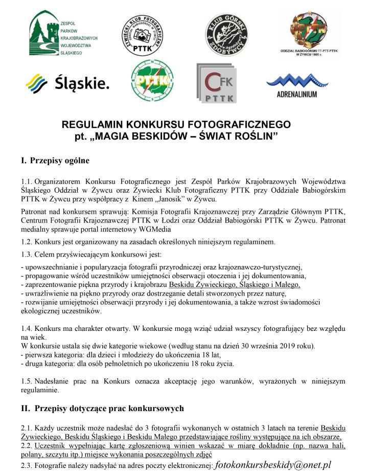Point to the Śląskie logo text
(67, 82)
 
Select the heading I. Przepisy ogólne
(55, 161)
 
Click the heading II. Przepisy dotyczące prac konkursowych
(102, 409)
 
